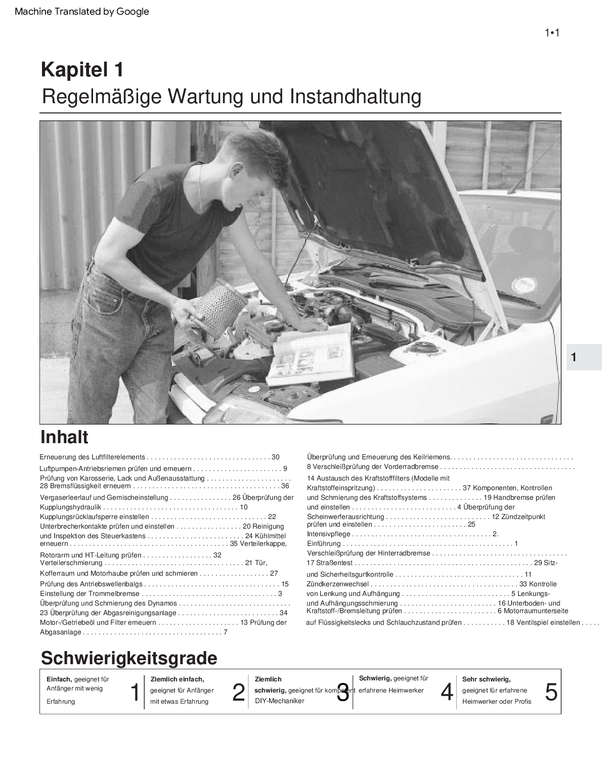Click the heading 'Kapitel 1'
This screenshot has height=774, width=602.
pyautogui.click(x=82, y=70)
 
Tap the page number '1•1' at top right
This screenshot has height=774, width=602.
pyautogui.click(x=551, y=33)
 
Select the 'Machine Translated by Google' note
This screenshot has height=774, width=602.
pyautogui.click(x=82, y=11)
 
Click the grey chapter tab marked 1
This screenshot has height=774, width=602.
pyautogui.click(x=583, y=357)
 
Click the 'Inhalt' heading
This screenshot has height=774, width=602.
pyautogui.click(x=64, y=437)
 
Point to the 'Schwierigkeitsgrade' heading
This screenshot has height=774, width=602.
pyautogui.click(x=129, y=658)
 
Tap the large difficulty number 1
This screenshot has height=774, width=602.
pyautogui.click(x=135, y=692)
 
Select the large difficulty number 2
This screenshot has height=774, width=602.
pyautogui.click(x=238, y=692)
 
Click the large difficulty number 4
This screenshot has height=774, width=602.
pyautogui.click(x=447, y=692)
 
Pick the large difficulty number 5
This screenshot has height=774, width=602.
pyautogui.click(x=551, y=692)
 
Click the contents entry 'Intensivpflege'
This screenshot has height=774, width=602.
pyautogui.click(x=329, y=534)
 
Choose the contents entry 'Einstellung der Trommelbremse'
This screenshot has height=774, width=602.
pyautogui.click(x=90, y=593)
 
